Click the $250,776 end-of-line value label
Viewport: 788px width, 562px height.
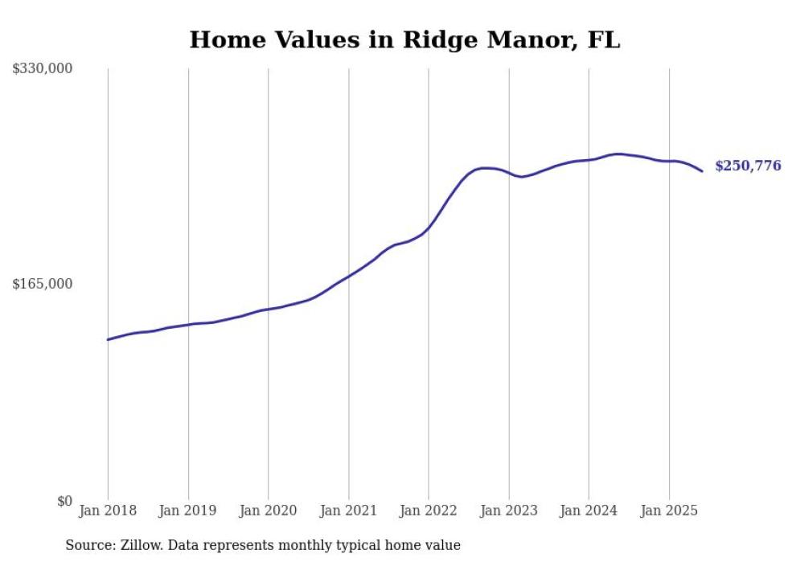point(748,166)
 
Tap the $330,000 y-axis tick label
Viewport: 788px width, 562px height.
point(43,69)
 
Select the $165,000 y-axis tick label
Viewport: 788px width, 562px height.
point(43,284)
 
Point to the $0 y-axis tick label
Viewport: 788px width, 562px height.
point(64,501)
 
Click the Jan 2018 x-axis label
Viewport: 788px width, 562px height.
point(108,511)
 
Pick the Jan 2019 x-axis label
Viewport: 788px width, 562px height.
point(188,511)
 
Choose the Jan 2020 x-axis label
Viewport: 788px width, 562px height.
point(269,511)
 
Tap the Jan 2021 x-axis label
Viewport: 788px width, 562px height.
point(348,511)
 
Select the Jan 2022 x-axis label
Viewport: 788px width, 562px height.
point(429,511)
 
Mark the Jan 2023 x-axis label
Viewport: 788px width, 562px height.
point(508,511)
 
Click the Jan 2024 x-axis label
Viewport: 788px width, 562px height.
point(589,511)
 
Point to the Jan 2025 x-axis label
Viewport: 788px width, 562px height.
point(669,511)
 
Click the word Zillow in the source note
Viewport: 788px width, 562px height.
point(142,545)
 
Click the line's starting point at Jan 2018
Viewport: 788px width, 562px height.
point(108,339)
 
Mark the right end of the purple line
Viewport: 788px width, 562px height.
point(702,171)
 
